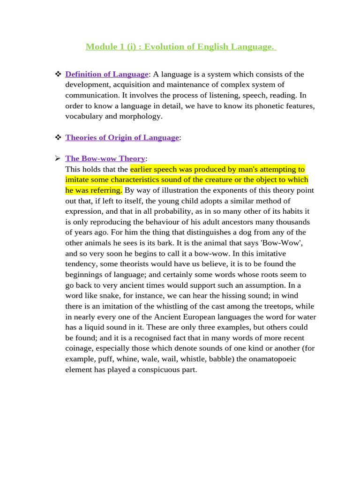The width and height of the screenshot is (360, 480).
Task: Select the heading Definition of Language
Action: [x=107, y=74]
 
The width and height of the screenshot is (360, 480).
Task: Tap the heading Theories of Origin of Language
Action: [x=122, y=137]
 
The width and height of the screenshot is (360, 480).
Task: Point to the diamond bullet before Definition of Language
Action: [x=58, y=74]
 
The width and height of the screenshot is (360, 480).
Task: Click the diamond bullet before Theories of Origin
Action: [x=58, y=137]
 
